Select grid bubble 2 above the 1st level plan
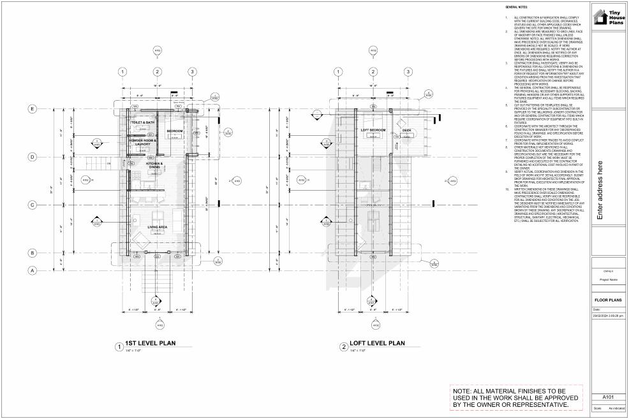157,71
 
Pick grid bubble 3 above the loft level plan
408,71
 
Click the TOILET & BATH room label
143,122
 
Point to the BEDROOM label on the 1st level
175,131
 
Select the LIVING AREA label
157,227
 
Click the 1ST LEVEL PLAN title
151,343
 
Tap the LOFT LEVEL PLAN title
379,343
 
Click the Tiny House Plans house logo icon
600,17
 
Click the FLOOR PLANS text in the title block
608,300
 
